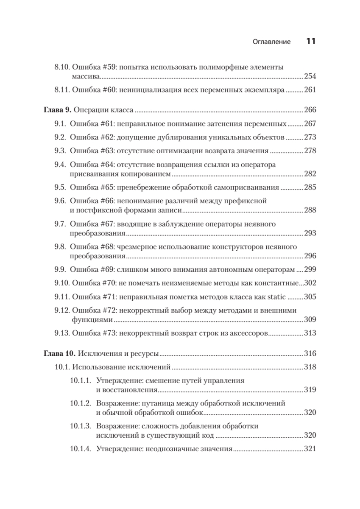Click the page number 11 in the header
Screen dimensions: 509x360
point(310,42)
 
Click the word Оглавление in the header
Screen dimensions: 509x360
point(271,42)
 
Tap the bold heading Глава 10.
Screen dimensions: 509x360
point(60,353)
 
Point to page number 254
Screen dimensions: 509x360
point(310,76)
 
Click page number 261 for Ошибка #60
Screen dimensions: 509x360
point(310,90)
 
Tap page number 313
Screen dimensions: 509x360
point(310,333)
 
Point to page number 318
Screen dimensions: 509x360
point(310,367)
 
